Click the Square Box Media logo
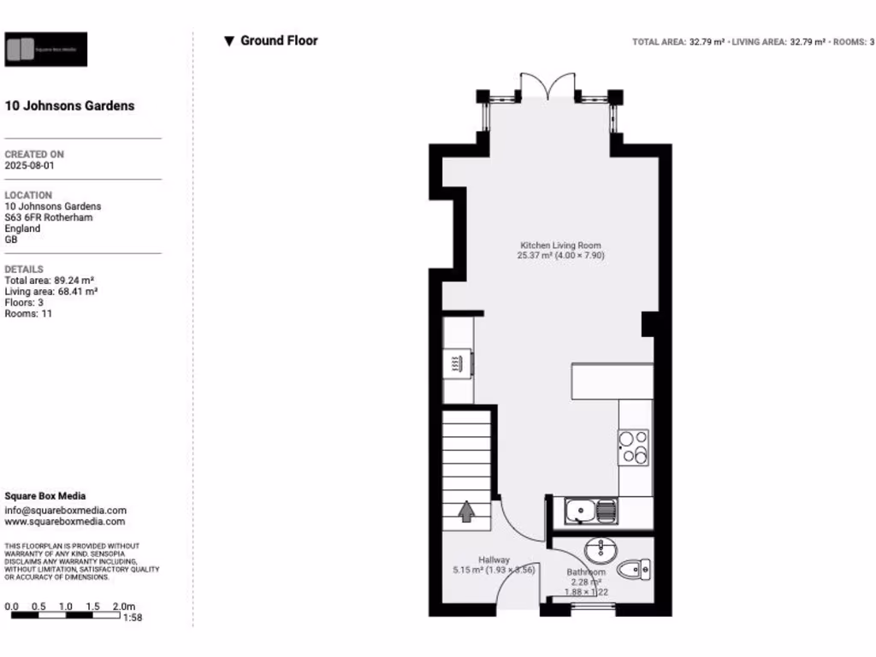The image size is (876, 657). [x=46, y=50]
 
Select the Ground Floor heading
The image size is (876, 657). [x=278, y=40]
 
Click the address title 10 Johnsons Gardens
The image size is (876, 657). [x=70, y=106]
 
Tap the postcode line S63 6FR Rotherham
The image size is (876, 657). [x=49, y=217]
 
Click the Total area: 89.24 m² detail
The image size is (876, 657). [x=50, y=280]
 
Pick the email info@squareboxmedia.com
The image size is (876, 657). [x=65, y=510]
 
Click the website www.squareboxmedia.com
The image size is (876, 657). [x=65, y=521]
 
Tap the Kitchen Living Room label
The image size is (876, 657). [x=560, y=246]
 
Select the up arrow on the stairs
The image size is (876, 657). [x=467, y=512]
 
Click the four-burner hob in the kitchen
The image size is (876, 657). [x=635, y=447]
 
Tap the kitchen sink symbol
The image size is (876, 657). [x=589, y=512]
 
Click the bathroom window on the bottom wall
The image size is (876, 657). [x=593, y=608]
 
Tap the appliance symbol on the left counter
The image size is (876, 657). [x=458, y=364]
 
